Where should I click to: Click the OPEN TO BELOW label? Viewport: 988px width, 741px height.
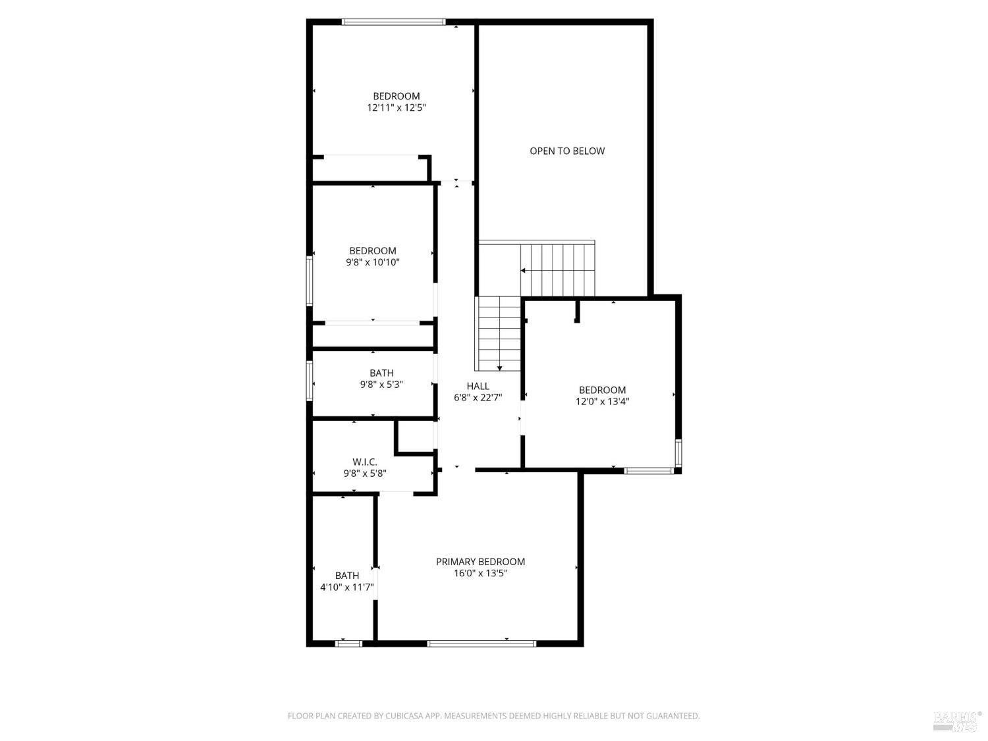(566, 151)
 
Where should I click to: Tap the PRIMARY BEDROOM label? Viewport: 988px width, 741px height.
(480, 561)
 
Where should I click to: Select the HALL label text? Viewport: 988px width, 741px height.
(478, 386)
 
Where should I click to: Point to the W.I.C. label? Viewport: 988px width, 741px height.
(365, 462)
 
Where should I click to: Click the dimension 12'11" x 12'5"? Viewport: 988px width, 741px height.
(396, 107)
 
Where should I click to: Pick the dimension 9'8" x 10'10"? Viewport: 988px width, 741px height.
(372, 262)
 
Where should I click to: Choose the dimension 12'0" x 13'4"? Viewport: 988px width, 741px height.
(602, 401)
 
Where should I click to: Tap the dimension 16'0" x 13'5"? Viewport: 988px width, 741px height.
(480, 573)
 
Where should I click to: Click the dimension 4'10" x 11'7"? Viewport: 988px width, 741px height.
(346, 587)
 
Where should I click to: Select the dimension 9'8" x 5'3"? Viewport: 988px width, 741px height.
(381, 385)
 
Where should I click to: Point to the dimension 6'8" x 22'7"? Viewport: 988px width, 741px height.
(478, 398)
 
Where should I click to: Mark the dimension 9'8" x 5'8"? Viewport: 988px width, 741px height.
(365, 474)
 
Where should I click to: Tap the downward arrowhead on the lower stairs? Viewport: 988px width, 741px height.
(500, 368)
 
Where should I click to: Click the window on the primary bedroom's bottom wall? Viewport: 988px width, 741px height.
(481, 644)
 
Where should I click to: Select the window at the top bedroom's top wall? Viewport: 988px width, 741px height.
(393, 22)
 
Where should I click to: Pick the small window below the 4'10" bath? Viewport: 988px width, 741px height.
(349, 644)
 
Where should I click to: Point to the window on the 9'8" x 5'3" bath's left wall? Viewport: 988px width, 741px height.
(309, 381)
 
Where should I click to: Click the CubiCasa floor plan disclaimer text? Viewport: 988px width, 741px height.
(493, 716)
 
